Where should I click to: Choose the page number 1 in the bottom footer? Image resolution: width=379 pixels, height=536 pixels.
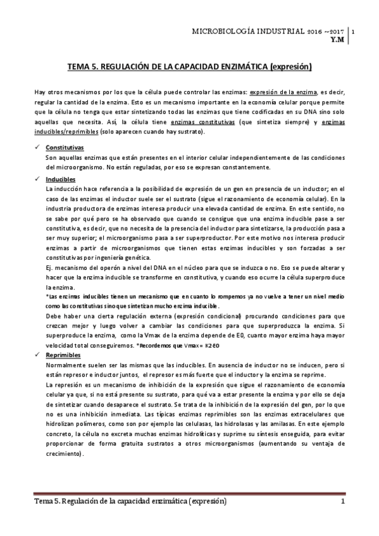click(x=342, y=502)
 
